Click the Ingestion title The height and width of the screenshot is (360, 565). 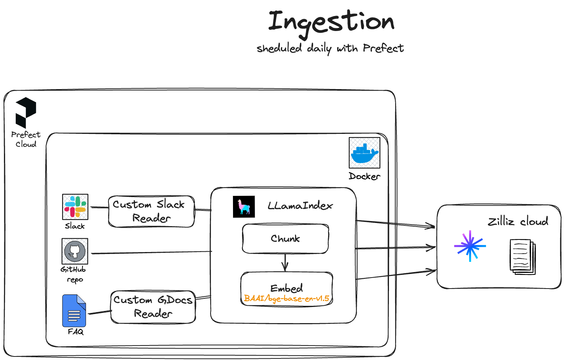coord(331,24)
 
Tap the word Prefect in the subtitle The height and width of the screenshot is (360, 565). coord(383,48)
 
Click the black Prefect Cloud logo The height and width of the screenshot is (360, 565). coord(26,113)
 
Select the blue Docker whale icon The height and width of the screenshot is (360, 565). coord(365,153)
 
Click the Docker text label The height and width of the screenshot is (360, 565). coord(365,176)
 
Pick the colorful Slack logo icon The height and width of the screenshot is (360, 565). coord(75,207)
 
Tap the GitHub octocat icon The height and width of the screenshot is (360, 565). coord(75,251)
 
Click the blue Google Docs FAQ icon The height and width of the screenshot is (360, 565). coord(74,311)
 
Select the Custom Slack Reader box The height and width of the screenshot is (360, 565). coord(151,212)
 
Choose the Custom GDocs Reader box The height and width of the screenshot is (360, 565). coord(153,307)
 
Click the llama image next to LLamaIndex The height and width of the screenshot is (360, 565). coord(244,207)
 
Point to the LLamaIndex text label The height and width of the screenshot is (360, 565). coord(300,206)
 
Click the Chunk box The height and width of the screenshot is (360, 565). coord(285,239)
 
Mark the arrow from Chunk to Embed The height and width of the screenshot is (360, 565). coord(285,263)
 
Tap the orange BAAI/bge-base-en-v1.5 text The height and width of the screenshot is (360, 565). coord(286,299)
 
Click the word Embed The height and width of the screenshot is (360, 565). coord(286,288)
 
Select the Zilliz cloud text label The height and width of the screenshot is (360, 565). coord(518,221)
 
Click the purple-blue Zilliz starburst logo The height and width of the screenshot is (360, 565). coord(470,246)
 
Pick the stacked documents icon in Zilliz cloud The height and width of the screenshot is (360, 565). coord(523,257)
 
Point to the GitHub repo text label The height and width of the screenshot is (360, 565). coord(73,274)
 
